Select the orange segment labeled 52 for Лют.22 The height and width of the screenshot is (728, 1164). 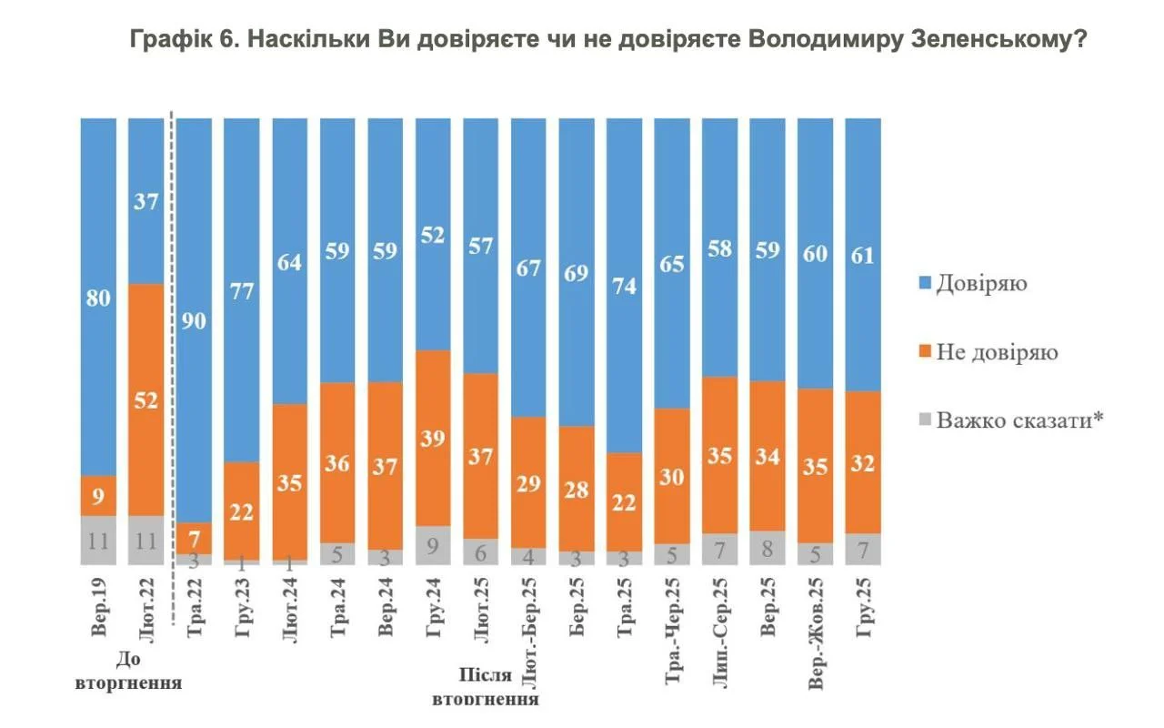[x=145, y=400]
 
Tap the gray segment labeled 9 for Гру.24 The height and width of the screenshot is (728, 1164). [x=433, y=545]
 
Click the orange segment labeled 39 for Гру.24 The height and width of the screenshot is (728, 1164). [x=433, y=437]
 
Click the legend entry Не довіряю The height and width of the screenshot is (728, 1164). [x=997, y=351]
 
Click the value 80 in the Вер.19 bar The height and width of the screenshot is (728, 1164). [x=98, y=298]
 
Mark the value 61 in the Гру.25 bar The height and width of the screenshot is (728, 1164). [x=863, y=256]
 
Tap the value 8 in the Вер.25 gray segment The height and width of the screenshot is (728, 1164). [x=768, y=549]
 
